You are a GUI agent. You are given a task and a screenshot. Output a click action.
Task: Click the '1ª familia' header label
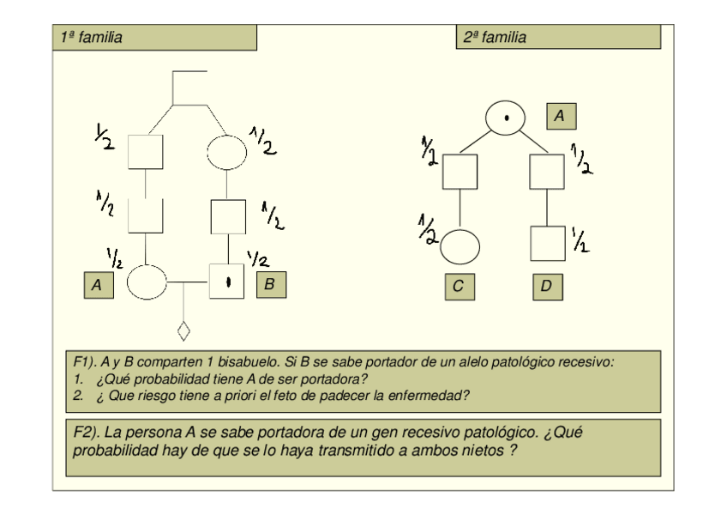(x=90, y=38)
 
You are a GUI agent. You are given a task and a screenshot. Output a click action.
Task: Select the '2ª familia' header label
(x=495, y=38)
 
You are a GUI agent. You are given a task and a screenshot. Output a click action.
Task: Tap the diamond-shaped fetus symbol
(x=183, y=330)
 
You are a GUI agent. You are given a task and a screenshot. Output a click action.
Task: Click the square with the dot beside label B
(x=228, y=281)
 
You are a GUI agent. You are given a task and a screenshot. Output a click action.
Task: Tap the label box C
(x=460, y=288)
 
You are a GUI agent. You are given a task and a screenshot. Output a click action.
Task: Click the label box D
(x=547, y=288)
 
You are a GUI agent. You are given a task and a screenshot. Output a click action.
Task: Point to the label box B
(x=271, y=284)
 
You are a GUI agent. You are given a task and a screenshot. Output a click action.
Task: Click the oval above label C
(x=461, y=245)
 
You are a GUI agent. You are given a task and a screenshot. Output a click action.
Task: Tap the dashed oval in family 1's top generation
(x=227, y=153)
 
